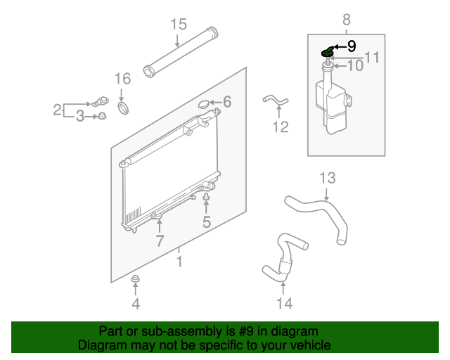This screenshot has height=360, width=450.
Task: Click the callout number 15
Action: click(x=179, y=24)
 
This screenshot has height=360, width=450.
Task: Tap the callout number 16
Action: click(x=122, y=78)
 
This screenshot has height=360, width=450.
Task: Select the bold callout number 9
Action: click(x=352, y=46)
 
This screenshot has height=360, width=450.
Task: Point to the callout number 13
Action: click(x=328, y=178)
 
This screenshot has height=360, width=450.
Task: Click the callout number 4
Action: click(x=136, y=304)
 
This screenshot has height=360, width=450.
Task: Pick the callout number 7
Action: click(x=160, y=240)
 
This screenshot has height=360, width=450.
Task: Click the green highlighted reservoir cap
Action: click(x=327, y=51)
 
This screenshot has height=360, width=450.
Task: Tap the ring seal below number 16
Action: click(x=124, y=108)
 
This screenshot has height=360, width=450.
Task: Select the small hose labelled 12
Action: click(x=275, y=100)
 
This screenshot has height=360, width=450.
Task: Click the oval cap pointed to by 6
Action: click(x=204, y=104)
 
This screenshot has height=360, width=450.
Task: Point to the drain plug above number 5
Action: click(x=206, y=196)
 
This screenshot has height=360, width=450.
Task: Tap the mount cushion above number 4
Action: click(x=135, y=278)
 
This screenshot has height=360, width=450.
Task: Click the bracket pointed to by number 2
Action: click(x=100, y=102)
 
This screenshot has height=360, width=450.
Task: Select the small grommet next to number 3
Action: click(x=102, y=116)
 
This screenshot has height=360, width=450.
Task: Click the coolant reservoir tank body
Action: click(x=333, y=106)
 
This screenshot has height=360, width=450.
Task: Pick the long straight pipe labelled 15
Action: click(x=181, y=52)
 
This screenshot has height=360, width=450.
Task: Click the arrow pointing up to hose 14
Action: click(x=283, y=288)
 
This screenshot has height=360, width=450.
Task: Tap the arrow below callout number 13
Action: click(x=326, y=194)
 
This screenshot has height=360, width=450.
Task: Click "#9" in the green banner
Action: click(x=246, y=331)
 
